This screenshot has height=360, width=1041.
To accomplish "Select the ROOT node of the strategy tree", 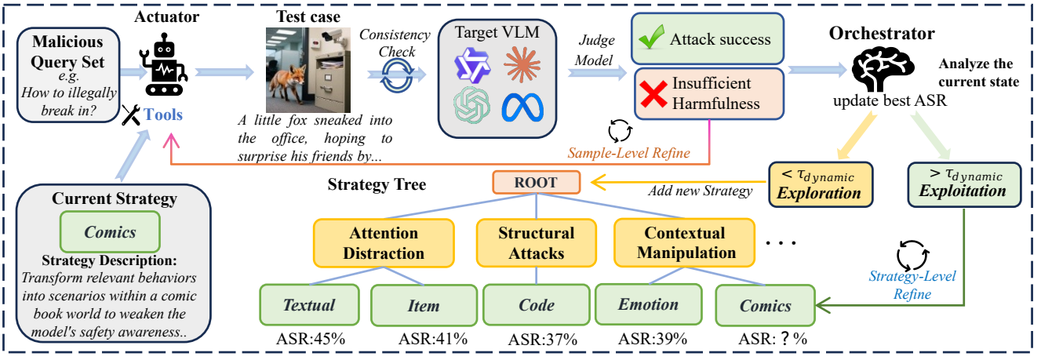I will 537,182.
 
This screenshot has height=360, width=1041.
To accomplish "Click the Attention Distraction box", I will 384,243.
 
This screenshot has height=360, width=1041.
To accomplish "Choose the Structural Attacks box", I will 537,243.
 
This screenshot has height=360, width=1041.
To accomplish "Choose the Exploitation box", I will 965,183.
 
